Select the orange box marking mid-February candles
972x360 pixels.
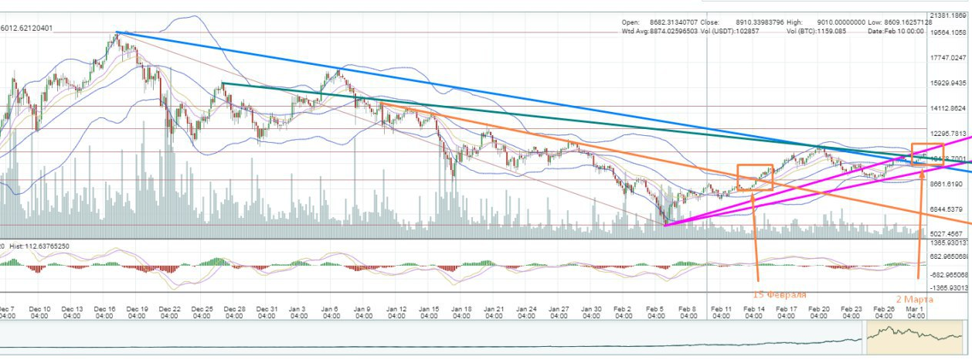pos(755,177)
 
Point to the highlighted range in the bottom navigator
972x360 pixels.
pos(915,338)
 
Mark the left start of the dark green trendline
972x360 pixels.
pos(223,83)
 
